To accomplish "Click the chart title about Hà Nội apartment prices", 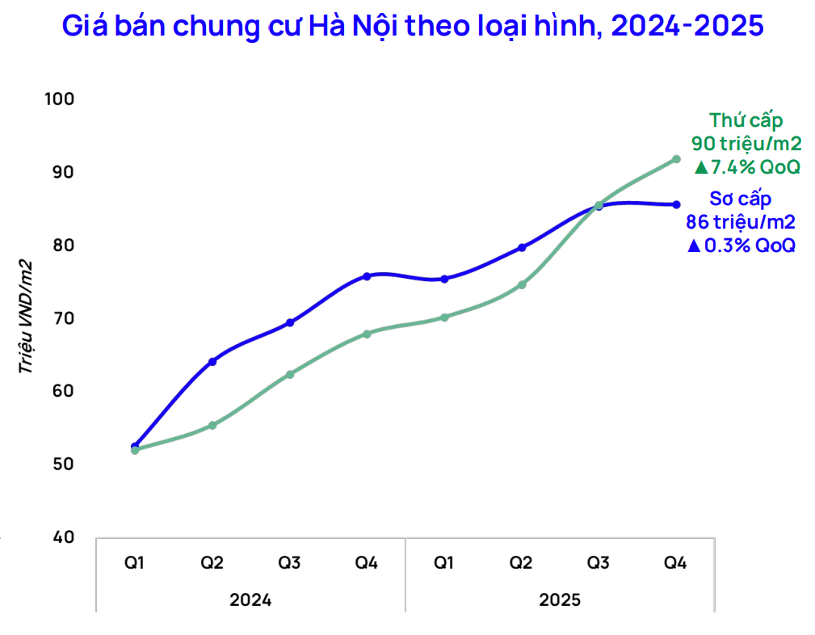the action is pyautogui.click(x=412, y=27).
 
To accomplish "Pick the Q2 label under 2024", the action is pyautogui.click(x=212, y=562).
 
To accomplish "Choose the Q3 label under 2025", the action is pyautogui.click(x=599, y=562).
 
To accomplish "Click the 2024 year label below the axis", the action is pyautogui.click(x=250, y=600).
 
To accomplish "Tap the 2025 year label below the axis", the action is pyautogui.click(x=560, y=600).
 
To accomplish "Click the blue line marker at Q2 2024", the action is pyautogui.click(x=212, y=361).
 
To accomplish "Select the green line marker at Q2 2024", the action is pyautogui.click(x=212, y=425).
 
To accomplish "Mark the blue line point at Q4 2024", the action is pyautogui.click(x=367, y=276).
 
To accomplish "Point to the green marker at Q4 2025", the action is pyautogui.click(x=677, y=159).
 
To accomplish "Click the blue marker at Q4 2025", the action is pyautogui.click(x=677, y=204).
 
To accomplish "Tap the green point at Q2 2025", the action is pyautogui.click(x=522, y=284).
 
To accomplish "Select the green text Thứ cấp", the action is pyautogui.click(x=746, y=120).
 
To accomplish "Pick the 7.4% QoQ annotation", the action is pyautogui.click(x=746, y=167).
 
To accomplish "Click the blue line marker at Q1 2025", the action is pyautogui.click(x=444, y=279).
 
